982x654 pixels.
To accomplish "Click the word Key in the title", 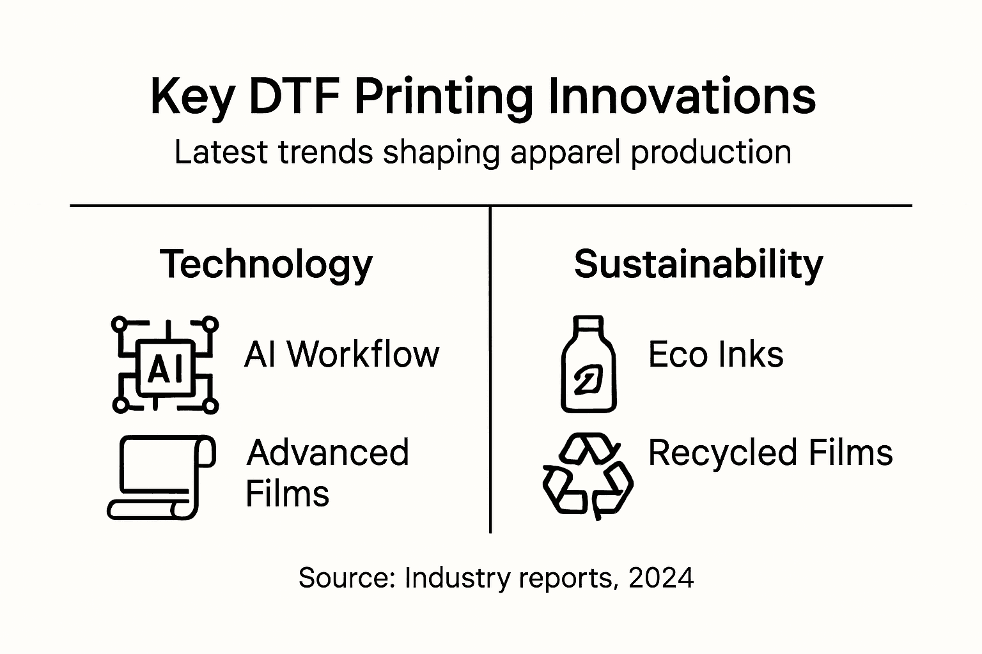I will pyautogui.click(x=191, y=98).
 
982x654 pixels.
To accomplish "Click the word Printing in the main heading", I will pyautogui.click(x=443, y=98).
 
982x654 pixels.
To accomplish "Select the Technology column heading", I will pyautogui.click(x=266, y=264).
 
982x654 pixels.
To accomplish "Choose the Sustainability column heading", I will pyautogui.click(x=698, y=264).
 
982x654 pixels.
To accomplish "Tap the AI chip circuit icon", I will pyautogui.click(x=165, y=365).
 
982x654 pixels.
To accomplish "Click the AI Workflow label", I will pyautogui.click(x=341, y=354).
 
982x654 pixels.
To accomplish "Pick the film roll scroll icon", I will pyautogui.click(x=161, y=477).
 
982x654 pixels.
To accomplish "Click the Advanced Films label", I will pyautogui.click(x=327, y=473).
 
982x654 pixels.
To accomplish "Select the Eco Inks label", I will pyautogui.click(x=715, y=354).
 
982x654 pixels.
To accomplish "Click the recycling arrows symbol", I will pyautogui.click(x=588, y=476).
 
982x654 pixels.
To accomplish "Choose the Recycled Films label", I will pyautogui.click(x=770, y=453).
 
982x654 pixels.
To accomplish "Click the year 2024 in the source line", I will pyautogui.click(x=661, y=578).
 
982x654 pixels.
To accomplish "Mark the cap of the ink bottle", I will pyautogui.click(x=588, y=324).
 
